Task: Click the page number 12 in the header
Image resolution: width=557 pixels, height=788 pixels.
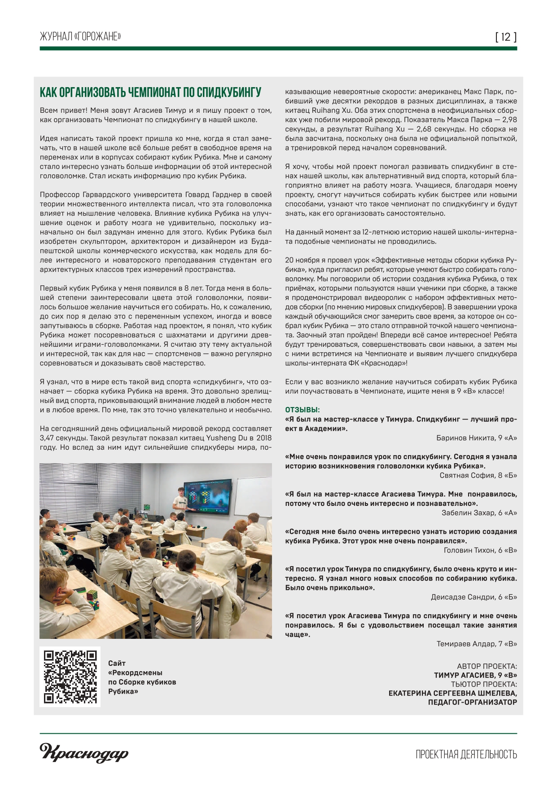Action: pyautogui.click(x=506, y=37)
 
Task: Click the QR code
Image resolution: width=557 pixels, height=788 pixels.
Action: pyautogui.click(x=70, y=677)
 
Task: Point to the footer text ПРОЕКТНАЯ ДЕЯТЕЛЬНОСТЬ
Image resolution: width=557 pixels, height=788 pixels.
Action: pyautogui.click(x=466, y=754)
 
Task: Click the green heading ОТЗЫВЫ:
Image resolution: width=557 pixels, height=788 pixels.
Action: pyautogui.click(x=303, y=410)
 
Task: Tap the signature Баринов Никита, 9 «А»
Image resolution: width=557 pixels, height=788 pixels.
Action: pyautogui.click(x=476, y=438)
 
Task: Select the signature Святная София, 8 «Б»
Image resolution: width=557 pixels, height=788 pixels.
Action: pyautogui.click(x=478, y=475)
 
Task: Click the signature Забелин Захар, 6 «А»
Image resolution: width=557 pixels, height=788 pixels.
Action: pyautogui.click(x=479, y=513)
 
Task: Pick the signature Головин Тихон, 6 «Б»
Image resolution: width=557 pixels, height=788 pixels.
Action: pyautogui.click(x=480, y=550)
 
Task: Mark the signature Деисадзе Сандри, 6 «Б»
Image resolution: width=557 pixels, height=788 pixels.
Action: pyautogui.click(x=474, y=597)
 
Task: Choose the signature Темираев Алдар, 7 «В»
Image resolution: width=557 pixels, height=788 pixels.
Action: pyautogui.click(x=477, y=644)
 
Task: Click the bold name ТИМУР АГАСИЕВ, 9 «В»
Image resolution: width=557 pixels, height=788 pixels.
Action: pyautogui.click(x=475, y=675)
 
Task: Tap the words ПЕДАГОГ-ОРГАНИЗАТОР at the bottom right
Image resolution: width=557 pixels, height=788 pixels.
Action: pyautogui.click(x=472, y=702)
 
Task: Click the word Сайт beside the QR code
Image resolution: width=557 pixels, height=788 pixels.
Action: pyautogui.click(x=117, y=663)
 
